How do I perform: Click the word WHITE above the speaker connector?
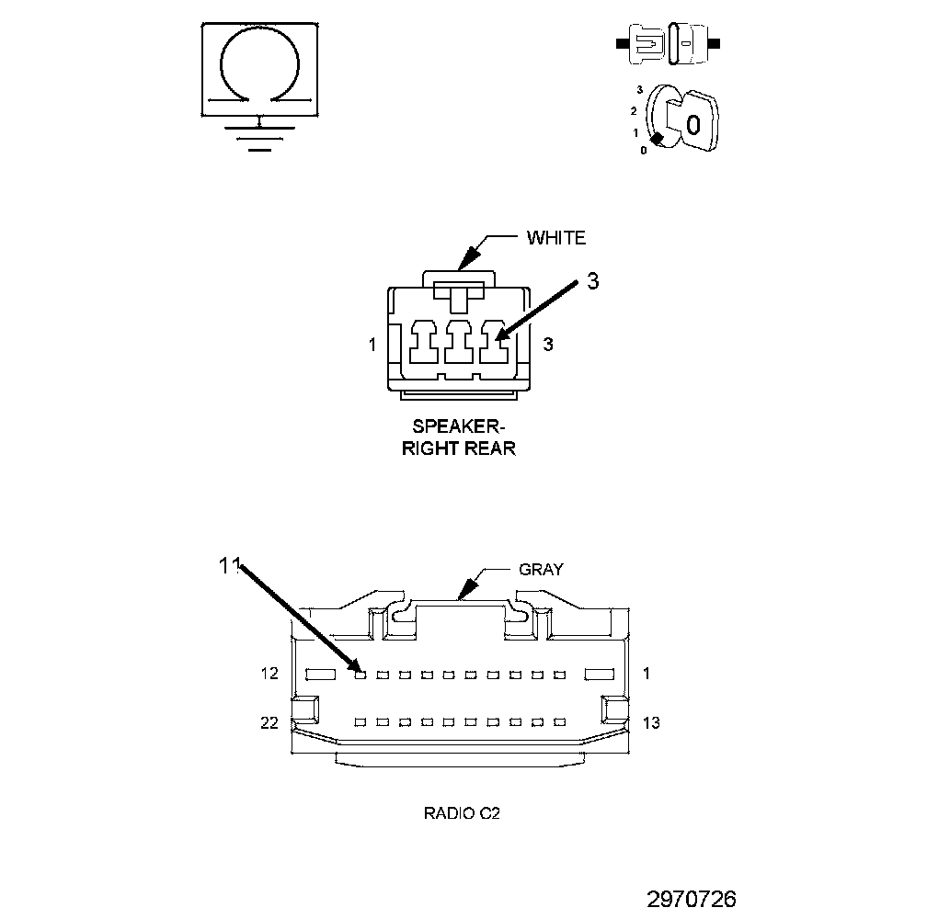555,238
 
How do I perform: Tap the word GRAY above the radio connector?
541,569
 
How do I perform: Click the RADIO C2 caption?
462,812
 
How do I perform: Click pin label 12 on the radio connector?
269,674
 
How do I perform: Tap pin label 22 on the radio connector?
269,723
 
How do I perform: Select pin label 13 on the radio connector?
651,723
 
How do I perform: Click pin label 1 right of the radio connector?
647,674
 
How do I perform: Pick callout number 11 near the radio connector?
229,566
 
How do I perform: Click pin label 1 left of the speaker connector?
372,346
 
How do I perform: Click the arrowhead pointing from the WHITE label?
470,256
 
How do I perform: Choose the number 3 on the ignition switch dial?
639,90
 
